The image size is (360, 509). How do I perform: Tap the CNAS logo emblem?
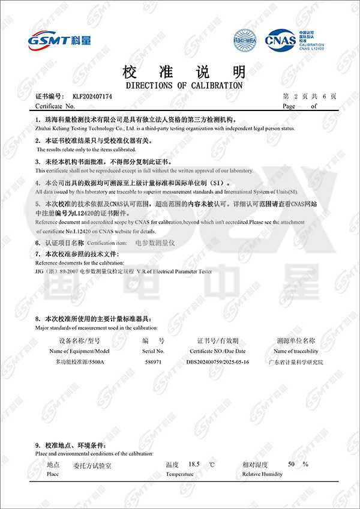(280, 40)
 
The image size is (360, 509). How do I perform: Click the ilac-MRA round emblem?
(244, 40)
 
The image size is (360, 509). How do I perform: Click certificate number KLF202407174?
(92, 96)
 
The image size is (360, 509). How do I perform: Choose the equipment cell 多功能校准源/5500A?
(80, 363)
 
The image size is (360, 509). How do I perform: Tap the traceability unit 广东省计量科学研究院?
(295, 363)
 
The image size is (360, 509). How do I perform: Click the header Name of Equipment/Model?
(79, 351)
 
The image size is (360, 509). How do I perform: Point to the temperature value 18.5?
(193, 465)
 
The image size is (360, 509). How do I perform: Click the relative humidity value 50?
(291, 465)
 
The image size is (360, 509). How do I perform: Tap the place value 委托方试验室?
(92, 465)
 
